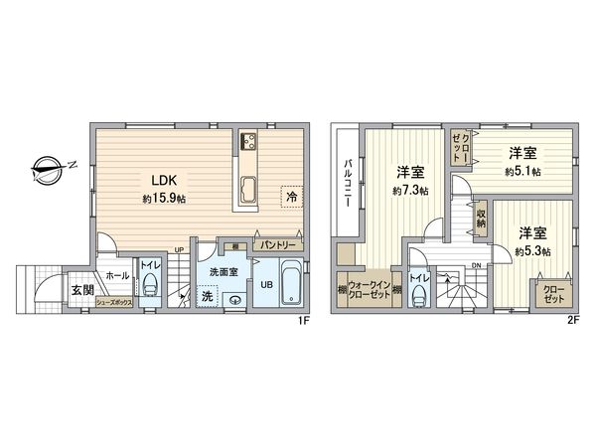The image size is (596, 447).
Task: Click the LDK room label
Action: click(x=163, y=180)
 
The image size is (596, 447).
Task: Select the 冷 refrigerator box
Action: click(x=292, y=197)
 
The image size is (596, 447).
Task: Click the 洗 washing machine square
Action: click(x=208, y=295)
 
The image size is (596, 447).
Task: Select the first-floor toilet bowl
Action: click(x=150, y=288)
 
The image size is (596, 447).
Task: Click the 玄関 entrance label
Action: click(x=81, y=290)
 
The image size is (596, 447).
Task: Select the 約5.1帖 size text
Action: click(x=522, y=171)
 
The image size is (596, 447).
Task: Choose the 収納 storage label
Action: click(x=481, y=217)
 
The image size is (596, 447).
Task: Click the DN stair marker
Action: click(x=477, y=266)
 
